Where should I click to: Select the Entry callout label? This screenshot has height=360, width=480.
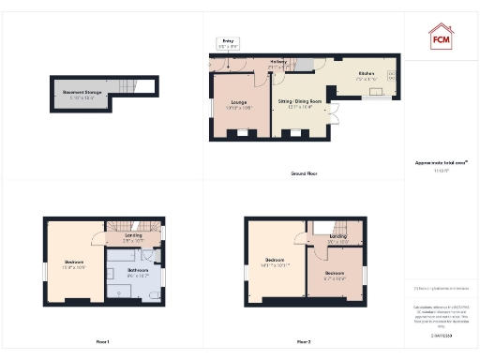227,43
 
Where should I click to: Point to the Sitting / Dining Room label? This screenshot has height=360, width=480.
300,102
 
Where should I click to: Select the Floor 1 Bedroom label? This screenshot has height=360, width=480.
74,263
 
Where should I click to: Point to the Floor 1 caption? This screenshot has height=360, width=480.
102,341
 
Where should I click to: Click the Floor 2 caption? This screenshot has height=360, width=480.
304,341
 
